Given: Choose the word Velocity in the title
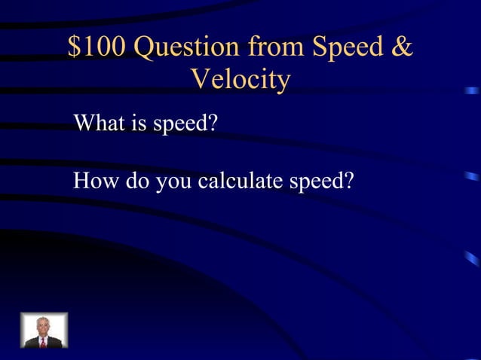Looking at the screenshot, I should click(240, 80).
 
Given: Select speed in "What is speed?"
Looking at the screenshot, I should click(177, 124).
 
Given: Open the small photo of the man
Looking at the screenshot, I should click(44, 331).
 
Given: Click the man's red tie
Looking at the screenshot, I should click(44, 341).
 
